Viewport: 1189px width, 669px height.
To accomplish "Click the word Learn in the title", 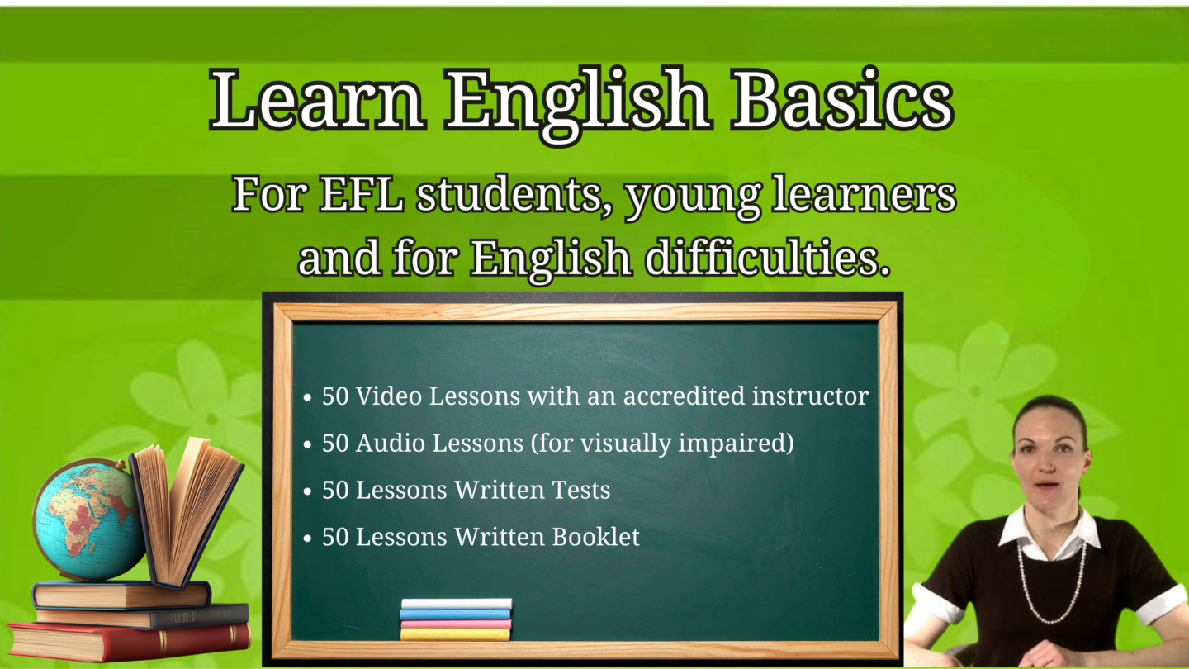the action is point(317,99).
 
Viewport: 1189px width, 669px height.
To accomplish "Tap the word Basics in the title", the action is point(842,99).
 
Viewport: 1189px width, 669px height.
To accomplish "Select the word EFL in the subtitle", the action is point(362,194).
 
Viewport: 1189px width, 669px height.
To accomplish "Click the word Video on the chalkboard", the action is point(389,396).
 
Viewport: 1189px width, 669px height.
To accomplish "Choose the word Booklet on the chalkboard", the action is point(595,536).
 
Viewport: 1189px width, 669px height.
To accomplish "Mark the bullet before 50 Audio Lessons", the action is point(307,444).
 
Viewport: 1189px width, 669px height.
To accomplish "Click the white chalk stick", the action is point(457,604).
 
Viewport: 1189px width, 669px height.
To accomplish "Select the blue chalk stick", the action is point(455,614).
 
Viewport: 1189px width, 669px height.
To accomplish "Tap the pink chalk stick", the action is point(456,624).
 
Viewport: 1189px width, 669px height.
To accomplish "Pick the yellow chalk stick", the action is point(455,634).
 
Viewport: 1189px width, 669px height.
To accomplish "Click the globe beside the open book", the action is point(88,520).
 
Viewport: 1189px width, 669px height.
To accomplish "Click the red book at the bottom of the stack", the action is point(129,642).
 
